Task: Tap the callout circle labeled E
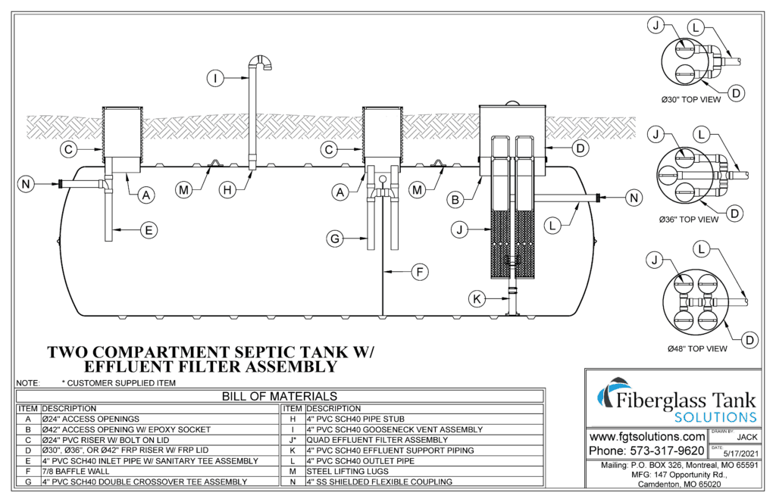tap(149, 228)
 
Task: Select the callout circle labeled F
tap(419, 271)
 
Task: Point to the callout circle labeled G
tap(334, 240)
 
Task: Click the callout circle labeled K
tap(476, 299)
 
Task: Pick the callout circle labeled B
tap(455, 200)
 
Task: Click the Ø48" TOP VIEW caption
tap(697, 349)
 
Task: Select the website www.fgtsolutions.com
tap(646, 437)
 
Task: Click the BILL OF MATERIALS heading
tap(279, 396)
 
